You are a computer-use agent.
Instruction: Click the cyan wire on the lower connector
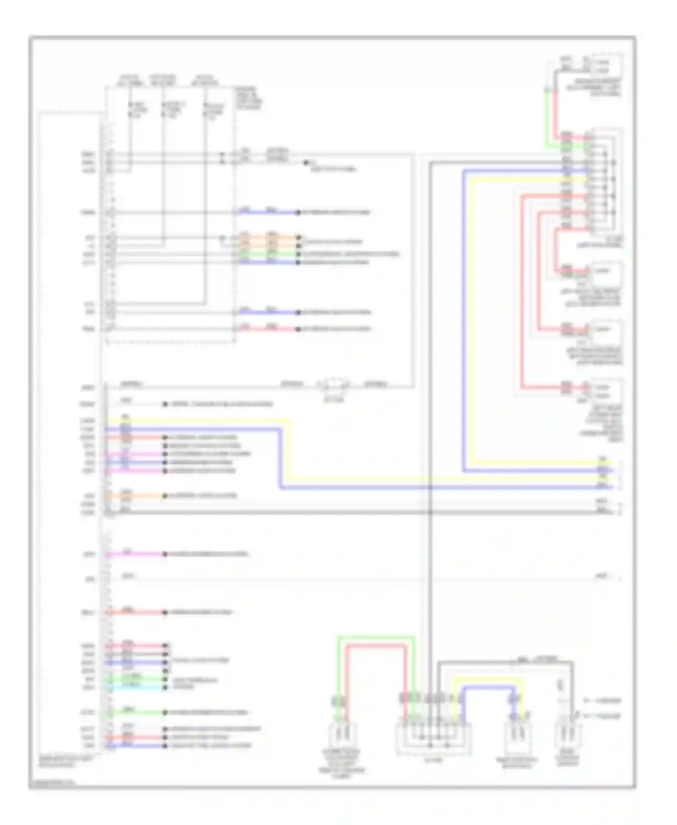[x=135, y=687]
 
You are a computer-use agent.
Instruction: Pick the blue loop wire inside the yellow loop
[x=487, y=687]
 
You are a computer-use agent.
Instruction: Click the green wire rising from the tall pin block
[x=547, y=117]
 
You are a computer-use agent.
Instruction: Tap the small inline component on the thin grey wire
[x=334, y=385]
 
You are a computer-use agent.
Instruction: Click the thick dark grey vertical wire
[x=430, y=406]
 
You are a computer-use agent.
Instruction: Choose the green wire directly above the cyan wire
[x=135, y=679]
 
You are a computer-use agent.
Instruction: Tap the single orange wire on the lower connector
[x=135, y=496]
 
